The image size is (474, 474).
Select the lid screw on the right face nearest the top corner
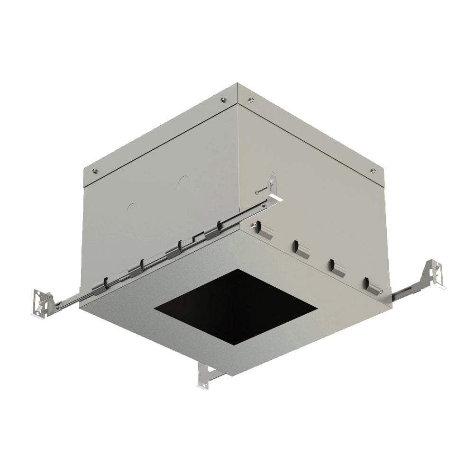[x=251, y=100]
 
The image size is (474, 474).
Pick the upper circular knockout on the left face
[x=183, y=181]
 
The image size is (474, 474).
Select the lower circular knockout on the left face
[x=132, y=208]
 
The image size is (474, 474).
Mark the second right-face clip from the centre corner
[x=301, y=249]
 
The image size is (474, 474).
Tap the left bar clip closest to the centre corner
[x=222, y=228]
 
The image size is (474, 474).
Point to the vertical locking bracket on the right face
[x=272, y=182]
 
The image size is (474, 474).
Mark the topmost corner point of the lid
[x=237, y=84]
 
